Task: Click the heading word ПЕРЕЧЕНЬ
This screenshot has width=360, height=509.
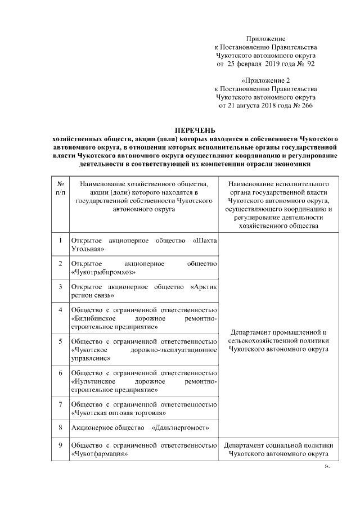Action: (193, 130)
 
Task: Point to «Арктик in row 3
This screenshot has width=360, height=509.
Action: (204, 286)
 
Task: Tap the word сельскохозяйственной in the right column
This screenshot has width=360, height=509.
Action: (264, 341)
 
